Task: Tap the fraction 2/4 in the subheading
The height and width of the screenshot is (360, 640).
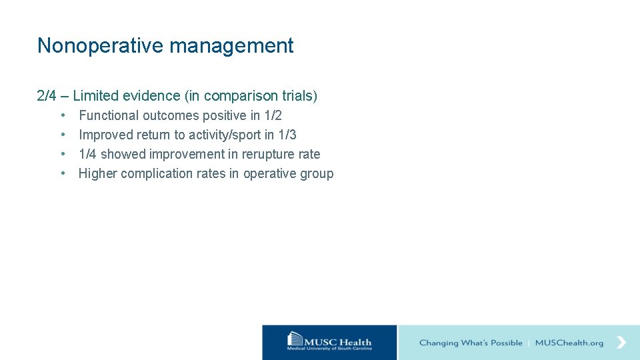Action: pos(47,96)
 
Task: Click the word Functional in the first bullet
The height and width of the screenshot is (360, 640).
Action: pos(109,115)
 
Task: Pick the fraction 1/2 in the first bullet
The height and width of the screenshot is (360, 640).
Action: pos(273,115)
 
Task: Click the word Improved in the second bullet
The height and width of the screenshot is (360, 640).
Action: pos(105,135)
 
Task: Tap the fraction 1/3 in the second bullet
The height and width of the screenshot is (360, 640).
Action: pos(287,135)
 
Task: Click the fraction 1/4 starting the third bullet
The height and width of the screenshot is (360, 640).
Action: pos(87,154)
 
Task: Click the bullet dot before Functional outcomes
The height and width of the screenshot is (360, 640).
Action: pos(63,115)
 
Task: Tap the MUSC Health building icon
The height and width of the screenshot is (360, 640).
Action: pos(295,340)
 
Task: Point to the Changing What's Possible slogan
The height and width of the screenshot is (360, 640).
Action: pos(471,343)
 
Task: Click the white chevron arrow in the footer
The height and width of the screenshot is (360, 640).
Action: pos(621,342)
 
